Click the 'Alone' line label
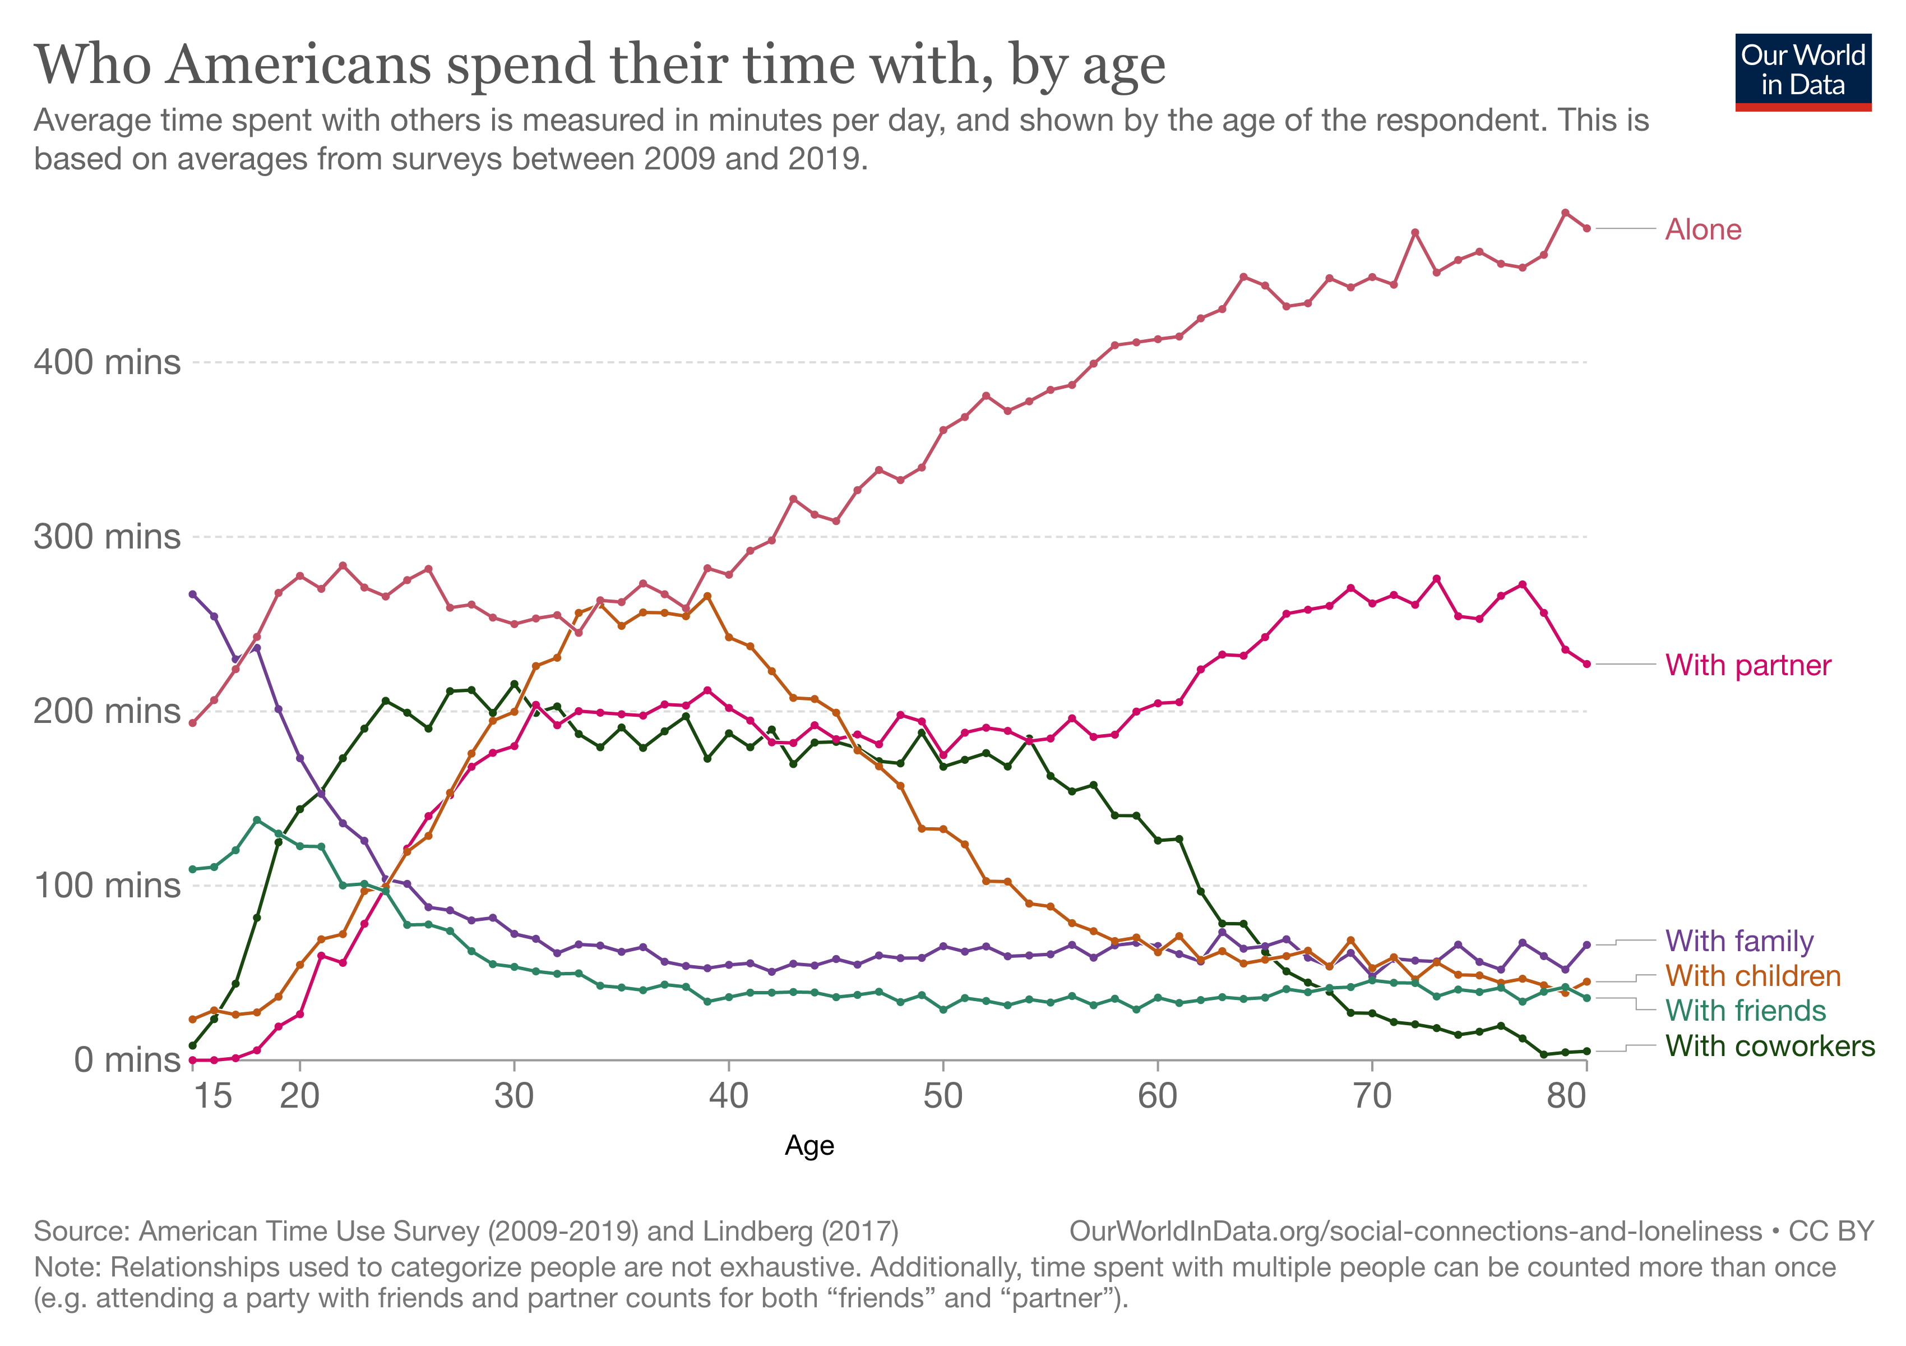click(x=1703, y=229)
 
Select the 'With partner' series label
click(x=1747, y=665)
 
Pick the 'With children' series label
click(x=1752, y=976)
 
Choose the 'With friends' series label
click(x=1745, y=1011)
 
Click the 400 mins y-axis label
click(x=107, y=362)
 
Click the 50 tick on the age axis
click(x=943, y=1096)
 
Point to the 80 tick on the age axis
click(x=1566, y=1096)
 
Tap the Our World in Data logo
click(x=1803, y=71)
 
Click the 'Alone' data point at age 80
click(x=1587, y=228)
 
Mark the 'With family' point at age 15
click(x=193, y=594)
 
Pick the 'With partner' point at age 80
click(x=1587, y=664)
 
